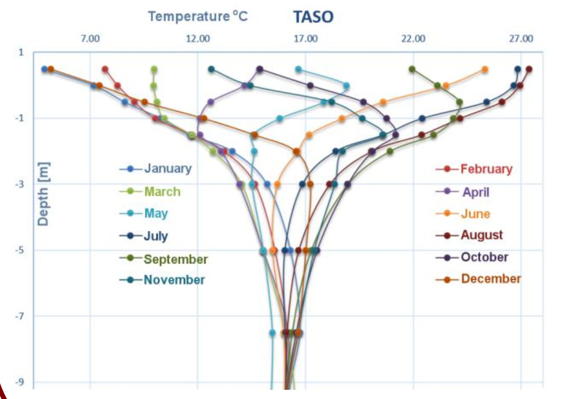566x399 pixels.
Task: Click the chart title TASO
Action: [x=313, y=16]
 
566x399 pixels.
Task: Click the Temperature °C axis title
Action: [x=198, y=16]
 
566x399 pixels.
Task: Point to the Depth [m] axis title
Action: [x=43, y=194]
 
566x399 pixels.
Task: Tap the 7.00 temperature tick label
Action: [x=90, y=38]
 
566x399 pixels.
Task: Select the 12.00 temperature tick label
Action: [x=198, y=38]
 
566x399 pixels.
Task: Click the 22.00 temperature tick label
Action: [x=413, y=38]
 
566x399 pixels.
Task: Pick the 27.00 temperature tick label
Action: [x=521, y=38]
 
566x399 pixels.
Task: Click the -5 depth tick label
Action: [x=19, y=250]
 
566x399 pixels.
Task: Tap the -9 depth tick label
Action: [x=19, y=382]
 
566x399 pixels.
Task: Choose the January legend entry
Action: [x=156, y=169]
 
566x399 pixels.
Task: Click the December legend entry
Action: [x=478, y=278]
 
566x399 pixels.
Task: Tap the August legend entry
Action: [x=469, y=235]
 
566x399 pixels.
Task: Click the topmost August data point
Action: [x=529, y=69]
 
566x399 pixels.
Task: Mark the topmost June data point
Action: [x=485, y=69]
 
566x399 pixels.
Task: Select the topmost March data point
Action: [x=154, y=69]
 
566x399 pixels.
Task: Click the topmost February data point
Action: [x=105, y=69]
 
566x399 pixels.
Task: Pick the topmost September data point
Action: [x=412, y=69]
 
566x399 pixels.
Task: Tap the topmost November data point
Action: [x=211, y=69]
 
